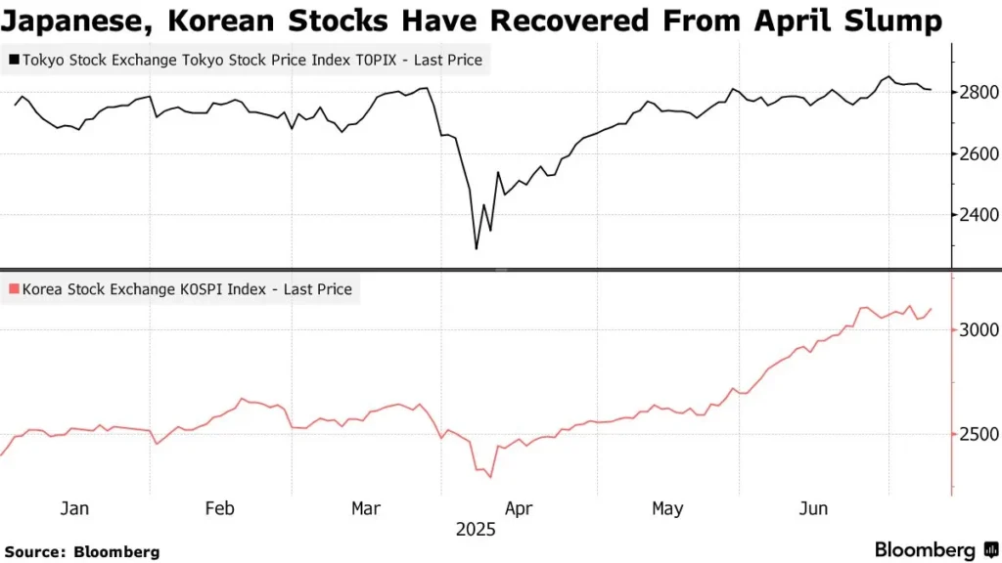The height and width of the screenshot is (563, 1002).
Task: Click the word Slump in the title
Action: [887, 21]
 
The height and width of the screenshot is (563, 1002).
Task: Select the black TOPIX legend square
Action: [14, 61]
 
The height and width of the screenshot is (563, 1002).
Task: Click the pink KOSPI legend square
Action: [14, 289]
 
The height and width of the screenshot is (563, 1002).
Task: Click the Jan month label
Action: [74, 508]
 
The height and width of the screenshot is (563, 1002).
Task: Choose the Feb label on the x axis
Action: [219, 508]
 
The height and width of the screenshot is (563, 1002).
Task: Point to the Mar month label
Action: [366, 508]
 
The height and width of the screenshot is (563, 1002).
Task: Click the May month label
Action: [666, 508]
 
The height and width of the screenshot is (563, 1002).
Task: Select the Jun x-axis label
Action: [813, 508]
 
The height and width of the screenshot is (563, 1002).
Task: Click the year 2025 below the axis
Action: [477, 530]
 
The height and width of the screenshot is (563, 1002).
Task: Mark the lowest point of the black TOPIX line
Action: [477, 248]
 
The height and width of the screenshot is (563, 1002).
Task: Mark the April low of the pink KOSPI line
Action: [489, 477]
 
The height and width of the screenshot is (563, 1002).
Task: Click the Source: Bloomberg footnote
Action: [82, 552]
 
